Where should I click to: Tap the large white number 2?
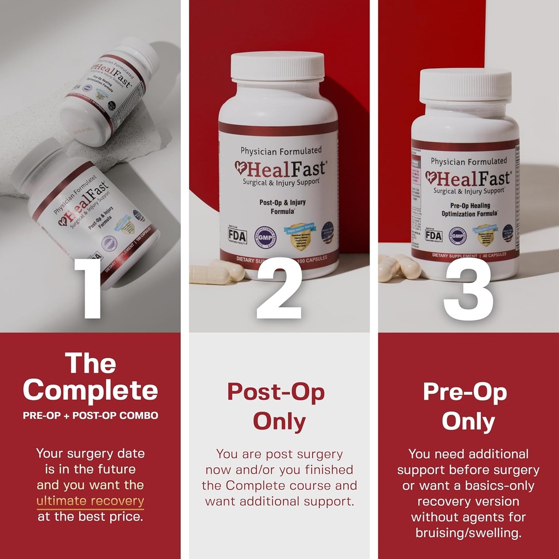click(278, 288)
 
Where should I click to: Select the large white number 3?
click(468, 288)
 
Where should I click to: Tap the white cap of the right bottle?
click(465, 85)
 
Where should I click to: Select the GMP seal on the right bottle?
click(457, 235)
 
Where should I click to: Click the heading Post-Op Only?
click(276, 407)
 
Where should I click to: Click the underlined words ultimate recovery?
click(90, 501)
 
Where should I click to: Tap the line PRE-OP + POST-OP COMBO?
click(90, 415)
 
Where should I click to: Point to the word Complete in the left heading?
click(90, 390)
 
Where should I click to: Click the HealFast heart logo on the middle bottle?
click(241, 168)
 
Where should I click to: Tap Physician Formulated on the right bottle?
click(468, 161)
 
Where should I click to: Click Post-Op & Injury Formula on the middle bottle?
click(282, 206)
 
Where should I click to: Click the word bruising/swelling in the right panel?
click(468, 532)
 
